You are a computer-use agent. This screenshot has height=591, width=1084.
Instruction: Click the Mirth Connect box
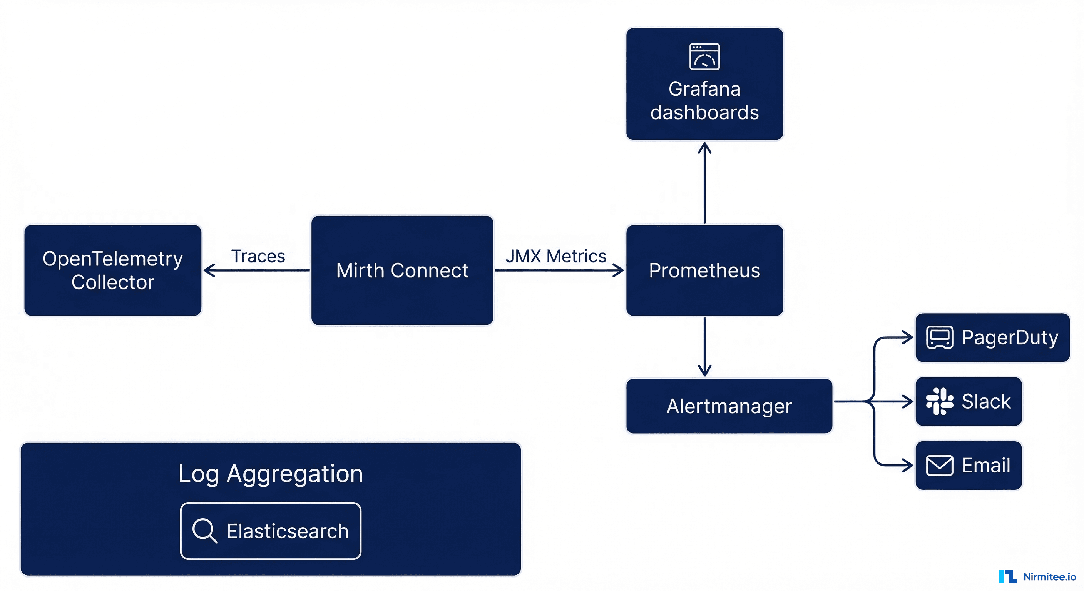coord(402,270)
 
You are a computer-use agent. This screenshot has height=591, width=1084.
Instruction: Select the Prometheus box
coord(704,270)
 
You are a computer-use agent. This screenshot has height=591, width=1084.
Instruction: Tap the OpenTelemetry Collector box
coord(113,270)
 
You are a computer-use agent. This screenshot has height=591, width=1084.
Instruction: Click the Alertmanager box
coord(729,406)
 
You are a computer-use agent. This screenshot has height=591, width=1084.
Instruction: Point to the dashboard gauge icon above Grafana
coord(704,57)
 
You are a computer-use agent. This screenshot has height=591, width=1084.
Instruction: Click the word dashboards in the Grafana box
coord(704,113)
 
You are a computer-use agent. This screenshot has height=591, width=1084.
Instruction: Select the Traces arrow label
coord(258,256)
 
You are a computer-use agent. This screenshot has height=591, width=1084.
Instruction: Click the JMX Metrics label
coord(555,256)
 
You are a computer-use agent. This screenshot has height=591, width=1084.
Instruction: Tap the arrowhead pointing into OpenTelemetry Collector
coord(209,270)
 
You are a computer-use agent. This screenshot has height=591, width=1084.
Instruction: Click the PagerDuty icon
coord(939,337)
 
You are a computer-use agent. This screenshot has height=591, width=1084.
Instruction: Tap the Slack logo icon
coord(939,401)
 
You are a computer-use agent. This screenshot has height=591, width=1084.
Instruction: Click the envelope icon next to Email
coord(939,465)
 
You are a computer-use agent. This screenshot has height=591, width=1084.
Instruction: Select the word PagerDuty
coord(1010,337)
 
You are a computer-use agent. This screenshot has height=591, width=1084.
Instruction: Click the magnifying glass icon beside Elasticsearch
coord(205,531)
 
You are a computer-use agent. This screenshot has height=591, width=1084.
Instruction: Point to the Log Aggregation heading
coord(270,474)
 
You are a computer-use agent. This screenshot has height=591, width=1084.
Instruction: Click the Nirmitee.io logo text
coord(1049,577)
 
